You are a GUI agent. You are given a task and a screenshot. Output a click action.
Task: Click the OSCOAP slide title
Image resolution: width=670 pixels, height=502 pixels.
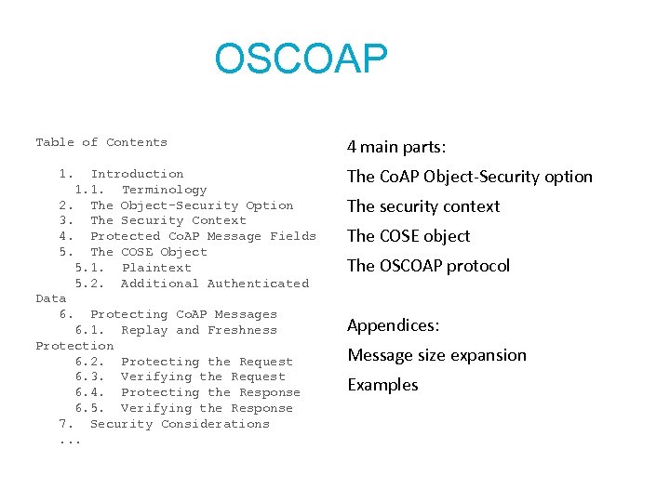click(300, 59)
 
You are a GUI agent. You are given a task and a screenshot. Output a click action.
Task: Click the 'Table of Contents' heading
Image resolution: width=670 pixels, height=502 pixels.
click(101, 142)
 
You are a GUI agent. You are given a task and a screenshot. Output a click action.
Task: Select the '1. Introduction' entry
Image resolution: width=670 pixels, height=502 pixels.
click(121, 174)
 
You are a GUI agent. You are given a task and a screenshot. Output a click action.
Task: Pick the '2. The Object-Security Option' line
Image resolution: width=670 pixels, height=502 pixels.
click(176, 205)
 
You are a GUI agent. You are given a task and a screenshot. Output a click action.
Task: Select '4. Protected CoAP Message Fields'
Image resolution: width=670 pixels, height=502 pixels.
click(187, 236)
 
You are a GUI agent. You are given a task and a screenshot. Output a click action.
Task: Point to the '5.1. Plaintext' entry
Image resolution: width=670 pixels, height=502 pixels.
click(133, 268)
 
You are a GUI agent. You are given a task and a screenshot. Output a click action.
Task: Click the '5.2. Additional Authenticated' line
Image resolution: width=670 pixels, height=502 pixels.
click(192, 284)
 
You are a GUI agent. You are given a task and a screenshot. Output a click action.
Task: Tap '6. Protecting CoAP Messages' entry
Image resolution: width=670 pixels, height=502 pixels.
click(167, 314)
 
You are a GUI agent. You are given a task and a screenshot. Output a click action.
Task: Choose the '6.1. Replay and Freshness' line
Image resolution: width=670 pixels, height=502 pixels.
click(176, 330)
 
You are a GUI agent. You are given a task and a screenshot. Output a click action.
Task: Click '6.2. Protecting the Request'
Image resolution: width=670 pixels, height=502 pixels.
click(183, 362)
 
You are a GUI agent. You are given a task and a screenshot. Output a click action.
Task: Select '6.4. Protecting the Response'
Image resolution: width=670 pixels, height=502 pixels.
click(187, 392)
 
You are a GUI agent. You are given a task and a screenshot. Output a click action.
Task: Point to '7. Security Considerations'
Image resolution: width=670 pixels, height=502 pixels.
click(164, 424)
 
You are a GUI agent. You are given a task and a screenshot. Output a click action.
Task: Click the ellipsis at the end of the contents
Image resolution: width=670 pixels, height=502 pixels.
click(70, 440)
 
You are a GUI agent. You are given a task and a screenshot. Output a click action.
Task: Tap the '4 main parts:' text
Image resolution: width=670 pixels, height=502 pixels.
click(396, 147)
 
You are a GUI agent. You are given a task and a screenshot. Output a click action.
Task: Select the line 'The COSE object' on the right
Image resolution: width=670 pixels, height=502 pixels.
click(409, 236)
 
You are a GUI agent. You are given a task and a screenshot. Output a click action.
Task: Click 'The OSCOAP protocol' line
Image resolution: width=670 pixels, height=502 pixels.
click(428, 266)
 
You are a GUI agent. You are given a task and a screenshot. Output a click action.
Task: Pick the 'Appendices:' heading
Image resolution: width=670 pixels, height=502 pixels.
click(394, 325)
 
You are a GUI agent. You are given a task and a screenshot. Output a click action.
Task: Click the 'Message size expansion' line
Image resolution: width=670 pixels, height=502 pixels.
click(436, 355)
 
